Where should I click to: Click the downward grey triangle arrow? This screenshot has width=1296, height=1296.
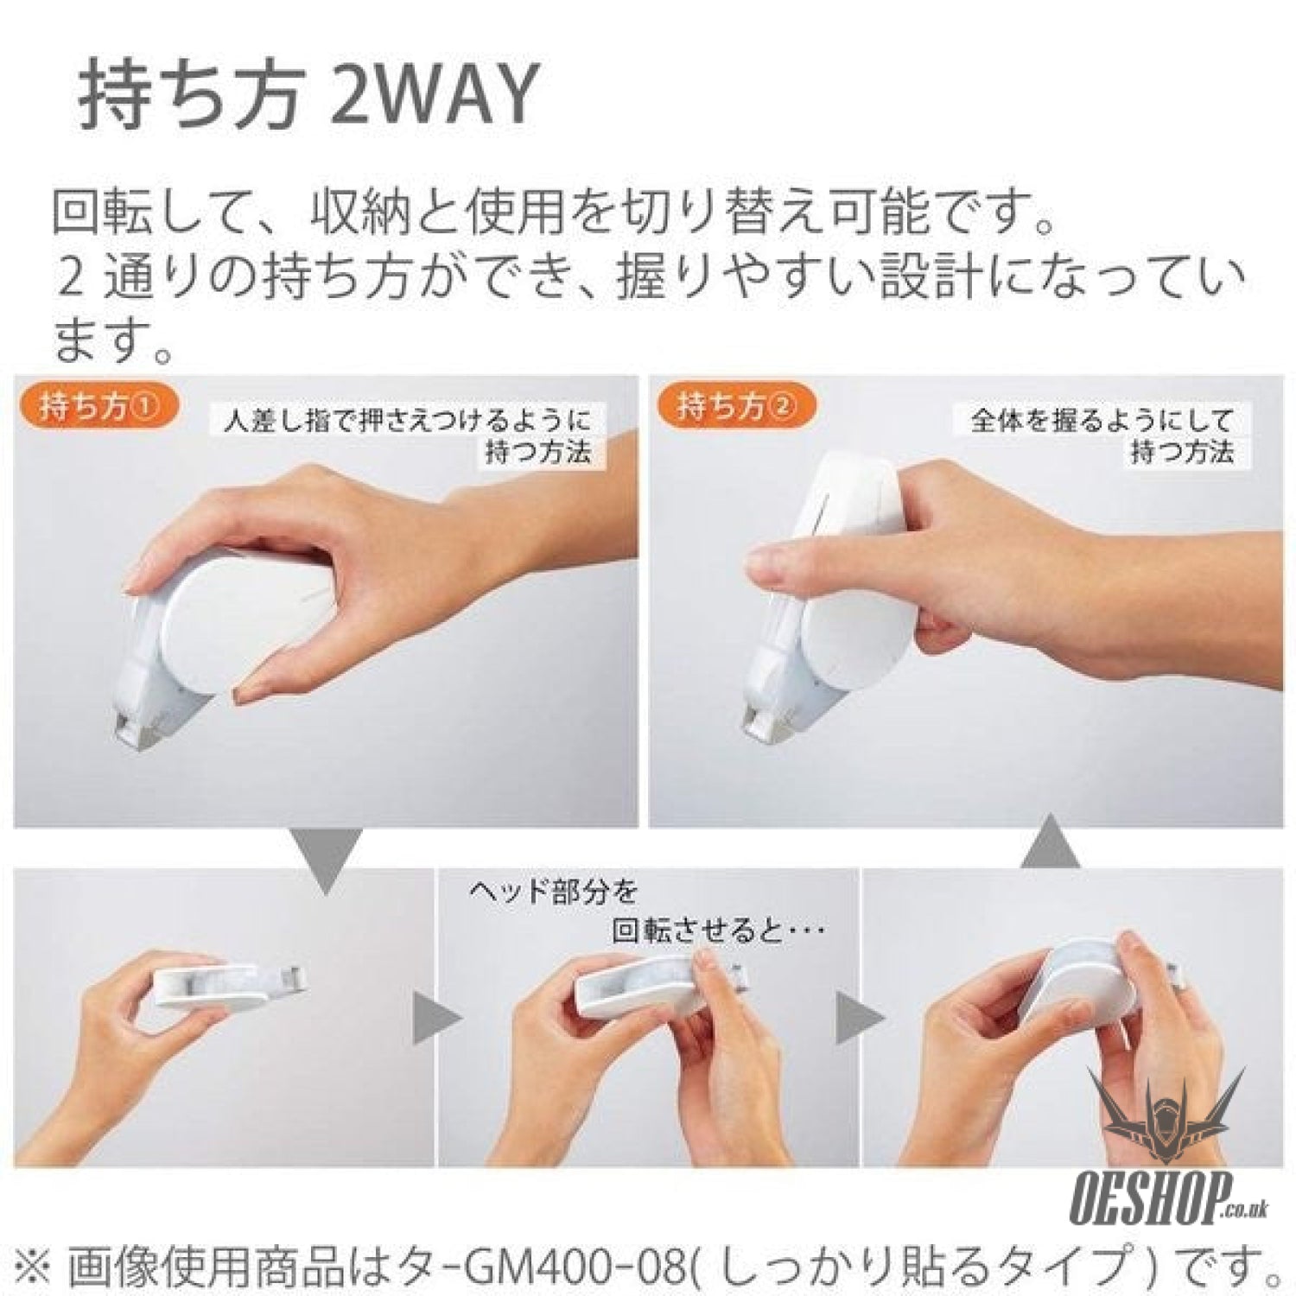click(x=326, y=861)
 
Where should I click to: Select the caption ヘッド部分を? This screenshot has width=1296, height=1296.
click(x=553, y=889)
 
